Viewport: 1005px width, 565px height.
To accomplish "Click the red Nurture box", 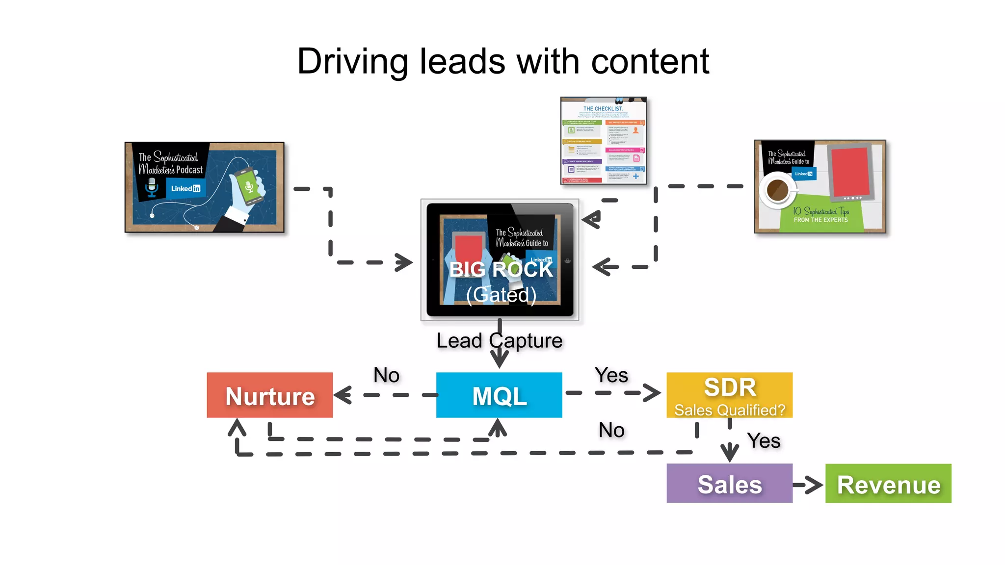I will tap(269, 395).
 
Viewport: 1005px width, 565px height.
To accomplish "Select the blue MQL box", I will tap(499, 395).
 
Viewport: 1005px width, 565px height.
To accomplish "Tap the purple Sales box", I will tap(729, 484).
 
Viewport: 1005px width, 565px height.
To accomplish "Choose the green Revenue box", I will tap(888, 484).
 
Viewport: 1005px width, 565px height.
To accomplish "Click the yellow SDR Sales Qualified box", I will tap(729, 395).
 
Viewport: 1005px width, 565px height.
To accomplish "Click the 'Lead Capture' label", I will tap(499, 340).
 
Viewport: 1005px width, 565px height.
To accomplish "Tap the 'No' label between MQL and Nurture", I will tap(386, 375).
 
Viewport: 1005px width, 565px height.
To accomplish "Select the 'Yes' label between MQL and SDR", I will tap(611, 375).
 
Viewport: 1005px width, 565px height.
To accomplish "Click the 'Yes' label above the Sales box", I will tap(764, 440).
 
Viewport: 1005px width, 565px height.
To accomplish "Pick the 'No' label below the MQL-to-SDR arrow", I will tap(611, 430).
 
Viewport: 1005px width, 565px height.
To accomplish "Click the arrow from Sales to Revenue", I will tap(808, 485).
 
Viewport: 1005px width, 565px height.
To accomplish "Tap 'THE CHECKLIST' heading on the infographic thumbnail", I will tap(603, 108).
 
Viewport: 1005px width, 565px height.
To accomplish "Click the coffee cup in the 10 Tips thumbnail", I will tap(777, 190).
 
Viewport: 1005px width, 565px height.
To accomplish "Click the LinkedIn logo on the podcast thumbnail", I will tap(185, 188).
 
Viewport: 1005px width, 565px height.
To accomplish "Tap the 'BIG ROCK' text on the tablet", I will tap(501, 269).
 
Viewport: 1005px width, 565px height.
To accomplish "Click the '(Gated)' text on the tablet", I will tap(501, 295).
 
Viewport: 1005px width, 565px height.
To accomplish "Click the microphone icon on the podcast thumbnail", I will tap(152, 187).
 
